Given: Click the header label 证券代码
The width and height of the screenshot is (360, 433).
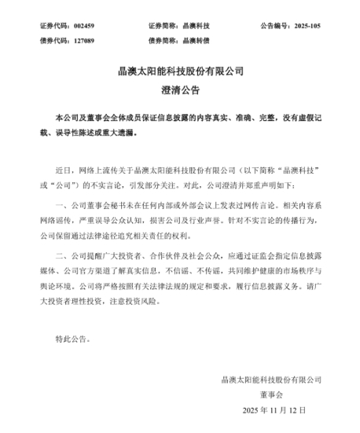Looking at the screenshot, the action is [53, 25].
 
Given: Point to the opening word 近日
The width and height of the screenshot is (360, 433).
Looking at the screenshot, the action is [64, 167].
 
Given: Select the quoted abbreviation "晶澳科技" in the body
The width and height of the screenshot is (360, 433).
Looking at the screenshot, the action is [301, 167].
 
